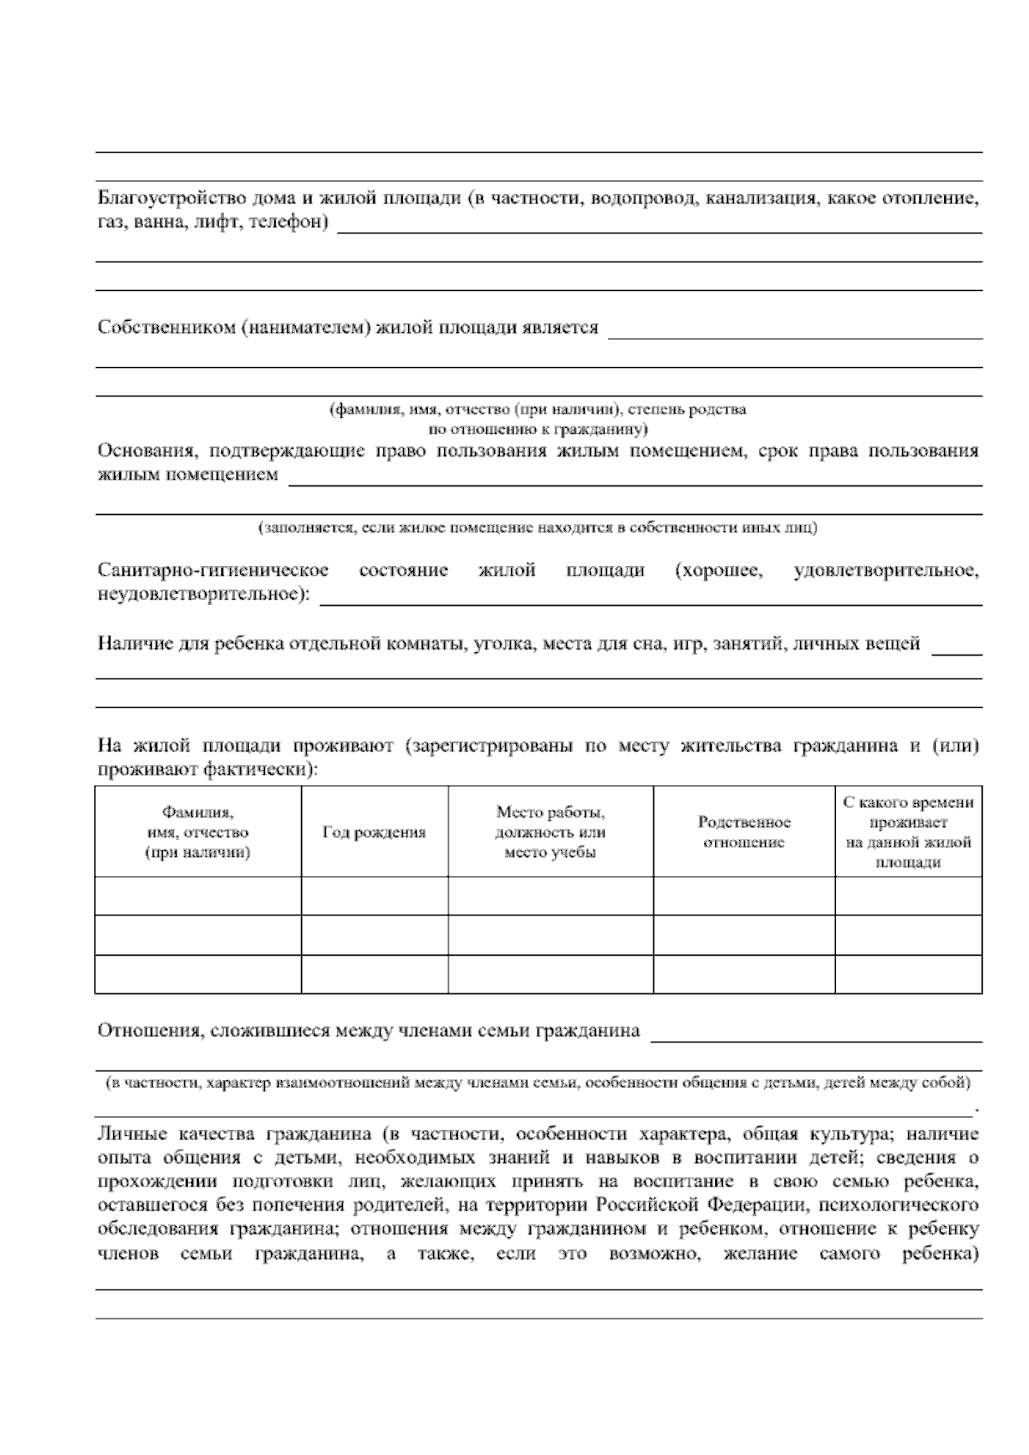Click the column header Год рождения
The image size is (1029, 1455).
click(x=374, y=832)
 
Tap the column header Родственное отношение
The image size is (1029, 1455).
click(x=743, y=832)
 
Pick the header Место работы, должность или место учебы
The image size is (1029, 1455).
click(x=550, y=832)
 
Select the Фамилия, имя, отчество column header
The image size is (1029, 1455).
click(x=197, y=832)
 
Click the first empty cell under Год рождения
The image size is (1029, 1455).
click(x=374, y=896)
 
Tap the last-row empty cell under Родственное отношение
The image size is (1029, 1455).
click(x=743, y=974)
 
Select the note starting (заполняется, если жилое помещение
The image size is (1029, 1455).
click(x=539, y=528)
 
